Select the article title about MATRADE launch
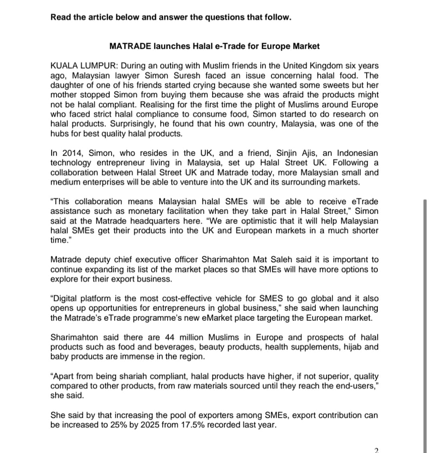(x=214, y=46)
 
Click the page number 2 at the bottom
(x=376, y=450)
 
